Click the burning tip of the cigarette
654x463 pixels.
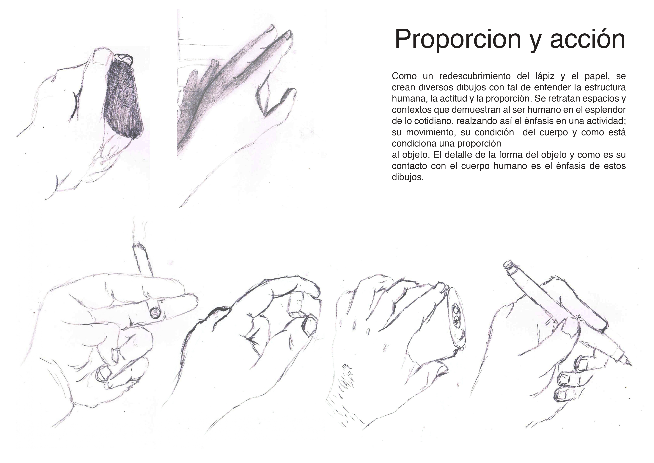coord(138,245)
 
